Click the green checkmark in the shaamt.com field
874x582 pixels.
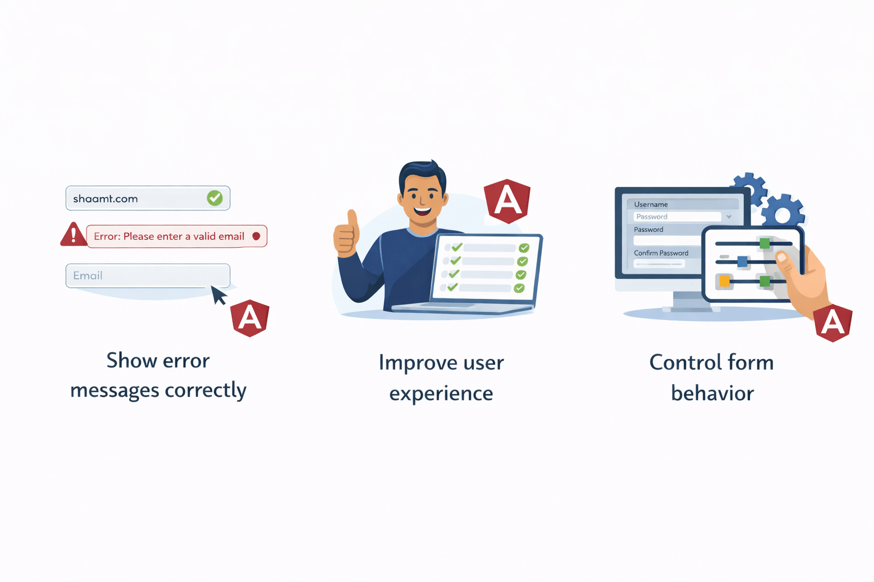(x=215, y=198)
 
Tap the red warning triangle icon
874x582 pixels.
(x=73, y=234)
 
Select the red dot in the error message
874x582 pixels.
(x=256, y=236)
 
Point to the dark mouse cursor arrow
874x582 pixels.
(x=218, y=295)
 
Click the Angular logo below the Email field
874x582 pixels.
(x=250, y=318)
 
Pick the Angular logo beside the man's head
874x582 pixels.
(x=507, y=201)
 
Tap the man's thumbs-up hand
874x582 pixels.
(x=346, y=234)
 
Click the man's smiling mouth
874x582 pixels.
(x=422, y=211)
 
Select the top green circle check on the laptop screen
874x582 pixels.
(x=524, y=248)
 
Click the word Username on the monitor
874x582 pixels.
(x=651, y=204)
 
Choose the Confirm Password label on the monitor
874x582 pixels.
(x=661, y=253)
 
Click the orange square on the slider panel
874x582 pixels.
(x=724, y=281)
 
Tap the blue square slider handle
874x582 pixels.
(x=742, y=261)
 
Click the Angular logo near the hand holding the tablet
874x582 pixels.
(x=832, y=323)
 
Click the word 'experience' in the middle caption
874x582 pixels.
(x=441, y=393)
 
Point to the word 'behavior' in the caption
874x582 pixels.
(x=712, y=393)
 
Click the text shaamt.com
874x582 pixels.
(x=105, y=198)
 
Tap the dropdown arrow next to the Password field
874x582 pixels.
(x=729, y=217)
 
